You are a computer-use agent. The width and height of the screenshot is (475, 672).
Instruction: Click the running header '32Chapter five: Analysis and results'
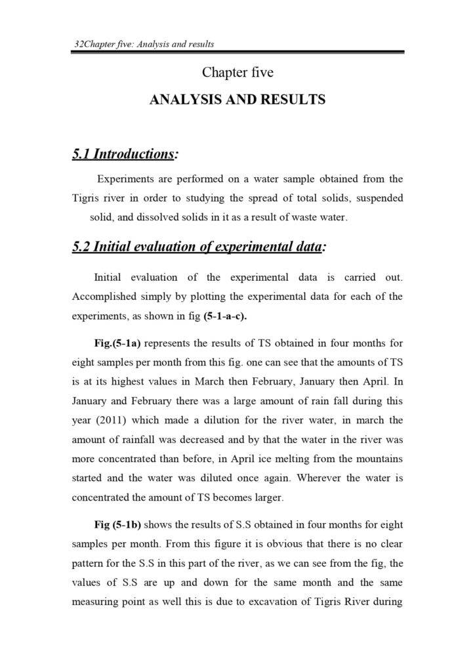pos(145,44)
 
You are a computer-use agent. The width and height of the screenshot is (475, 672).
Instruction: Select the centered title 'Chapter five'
pos(237,72)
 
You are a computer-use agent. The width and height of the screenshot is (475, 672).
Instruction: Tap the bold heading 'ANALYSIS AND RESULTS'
pos(237,100)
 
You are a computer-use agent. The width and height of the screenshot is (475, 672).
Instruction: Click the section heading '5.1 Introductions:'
pos(125,154)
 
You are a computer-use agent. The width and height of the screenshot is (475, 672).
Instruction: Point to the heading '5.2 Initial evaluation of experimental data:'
pos(199,247)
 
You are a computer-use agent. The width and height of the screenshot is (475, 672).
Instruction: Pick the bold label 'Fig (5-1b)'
pos(118,524)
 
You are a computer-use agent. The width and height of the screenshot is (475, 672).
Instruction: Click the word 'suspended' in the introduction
pos(380,198)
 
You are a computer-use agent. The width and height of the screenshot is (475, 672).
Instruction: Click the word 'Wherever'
pos(310,478)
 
